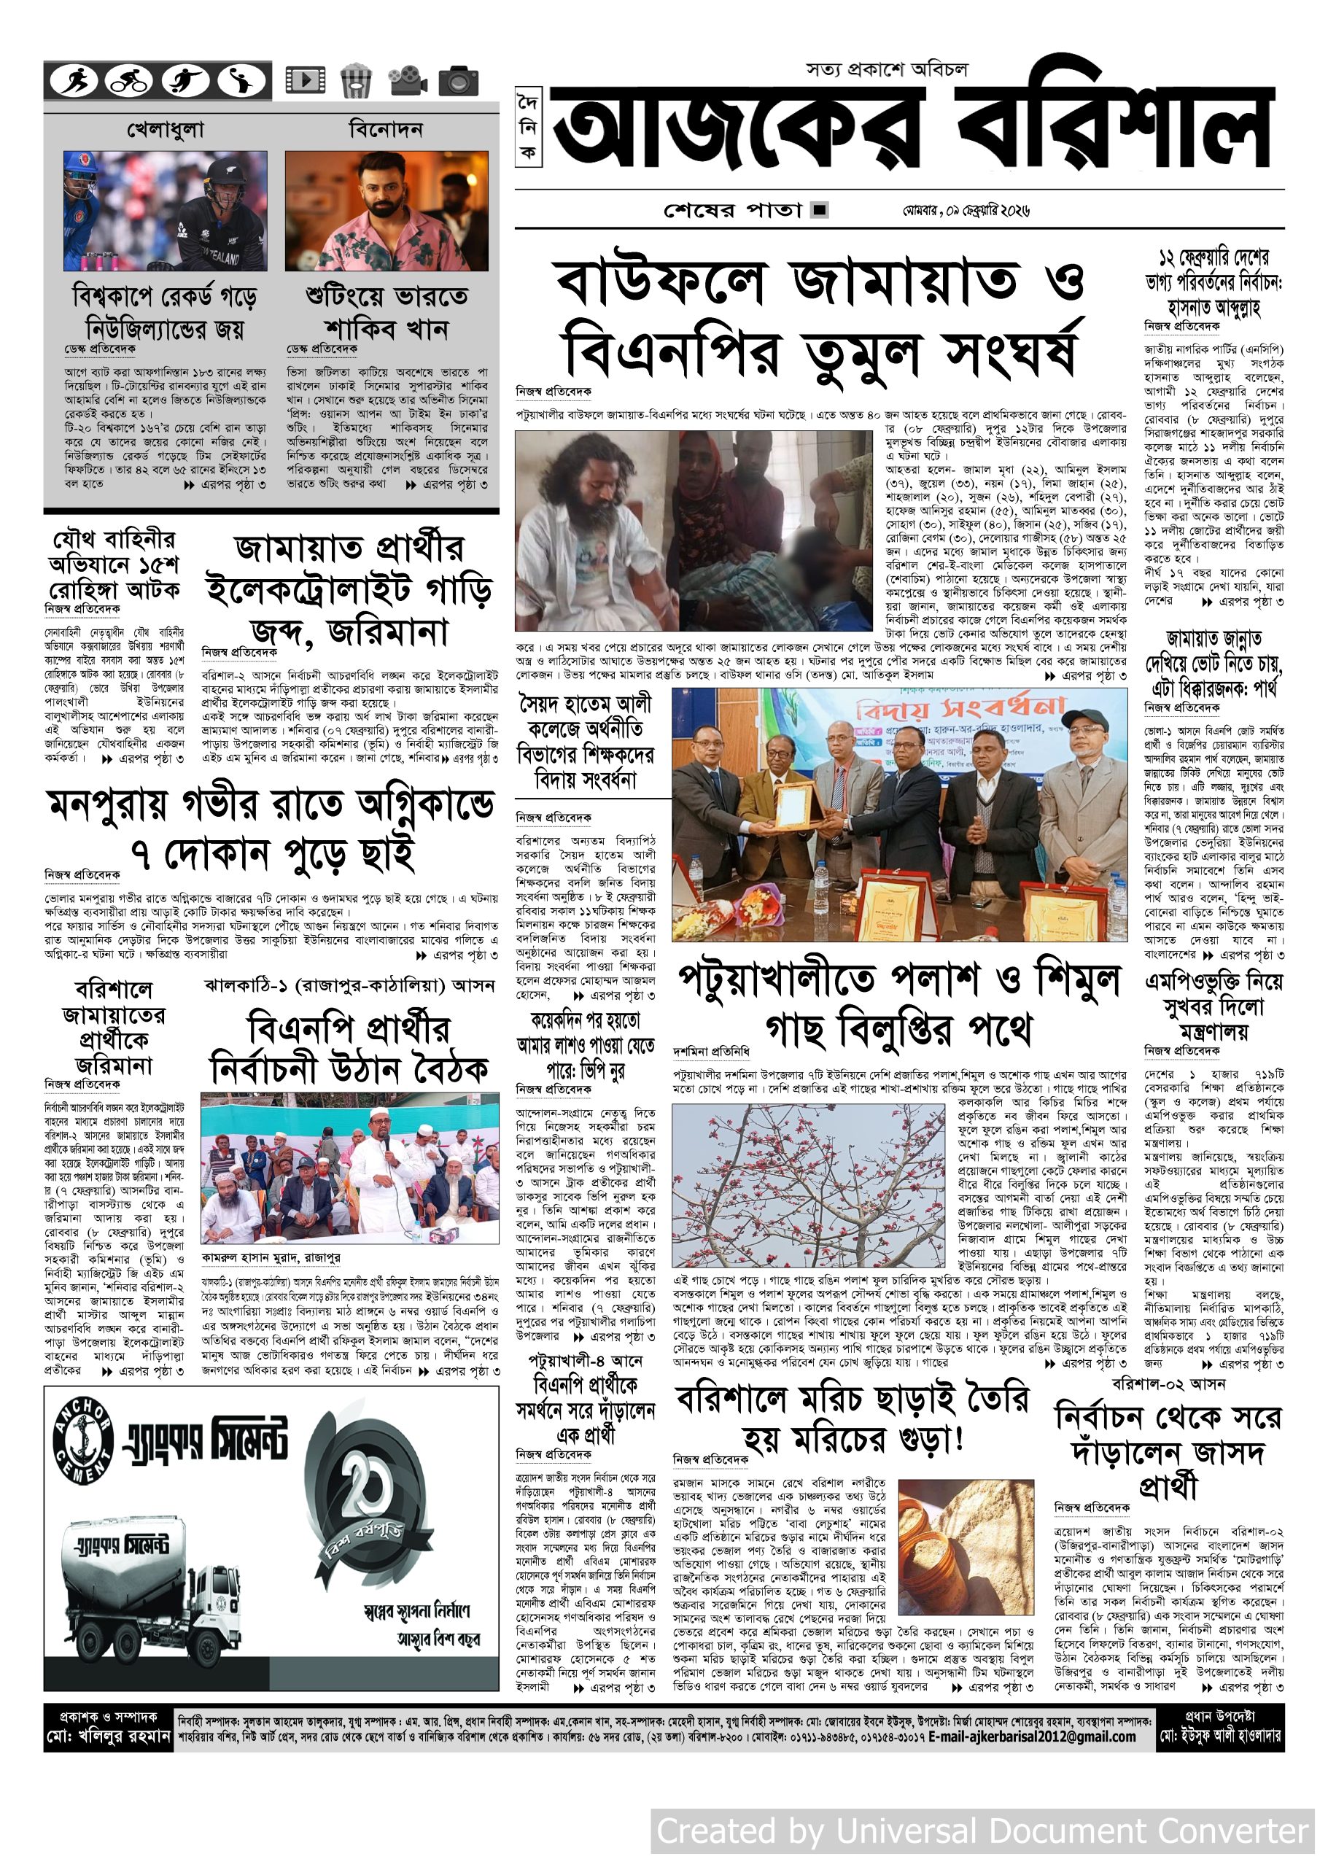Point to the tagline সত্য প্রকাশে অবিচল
coord(886,69)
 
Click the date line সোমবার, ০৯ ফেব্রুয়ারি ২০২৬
coord(966,210)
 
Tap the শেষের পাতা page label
coord(733,210)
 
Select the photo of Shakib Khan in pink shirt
coord(387,210)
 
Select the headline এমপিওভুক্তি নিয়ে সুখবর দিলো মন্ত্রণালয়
coord(1214,1005)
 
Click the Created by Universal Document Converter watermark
coord(982,1831)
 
